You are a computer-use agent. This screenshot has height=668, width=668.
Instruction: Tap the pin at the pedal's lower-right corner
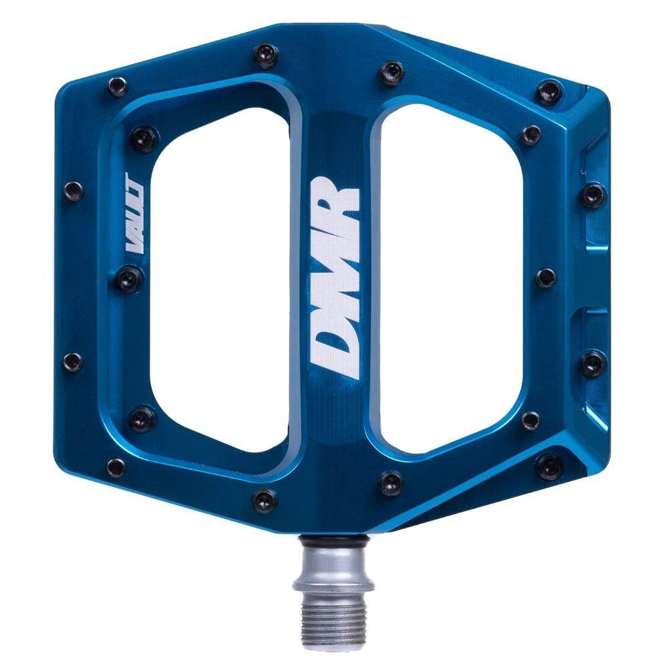550,466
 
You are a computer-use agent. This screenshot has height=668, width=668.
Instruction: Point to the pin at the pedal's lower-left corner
116,466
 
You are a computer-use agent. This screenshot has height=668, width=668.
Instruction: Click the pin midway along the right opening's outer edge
545,277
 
